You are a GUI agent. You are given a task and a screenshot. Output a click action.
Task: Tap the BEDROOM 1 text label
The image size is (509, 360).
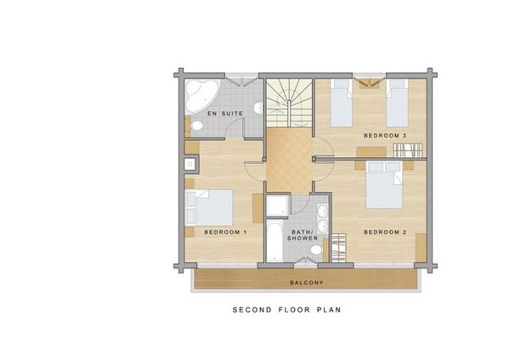[x=225, y=231]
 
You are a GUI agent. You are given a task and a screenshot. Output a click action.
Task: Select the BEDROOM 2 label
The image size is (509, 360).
[x=385, y=231]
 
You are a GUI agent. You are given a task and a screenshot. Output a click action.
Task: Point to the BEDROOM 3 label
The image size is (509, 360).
[x=385, y=135]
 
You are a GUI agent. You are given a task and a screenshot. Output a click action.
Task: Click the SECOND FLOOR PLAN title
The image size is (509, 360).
[x=286, y=310]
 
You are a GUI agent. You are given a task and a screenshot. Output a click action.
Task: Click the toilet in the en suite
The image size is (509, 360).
[x=195, y=127]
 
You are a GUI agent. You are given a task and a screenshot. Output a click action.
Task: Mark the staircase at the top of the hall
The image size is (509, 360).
[x=289, y=102]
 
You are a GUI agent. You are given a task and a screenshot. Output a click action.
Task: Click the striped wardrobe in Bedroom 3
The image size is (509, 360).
[x=409, y=150]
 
